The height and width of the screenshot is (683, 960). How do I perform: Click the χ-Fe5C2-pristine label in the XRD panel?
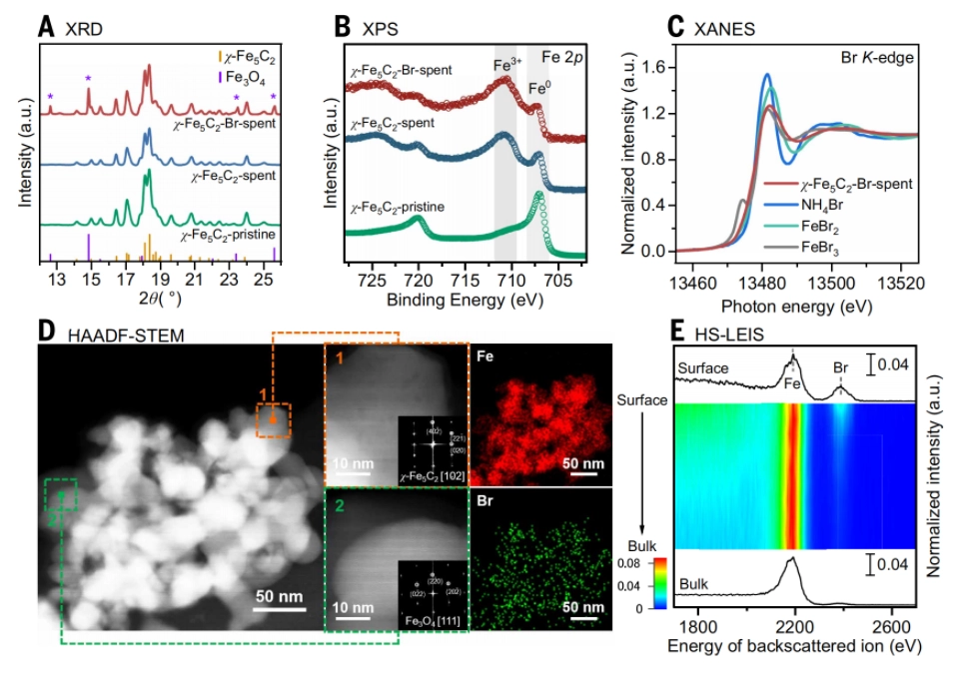click(x=232, y=236)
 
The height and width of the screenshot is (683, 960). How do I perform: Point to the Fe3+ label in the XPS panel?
click(x=505, y=68)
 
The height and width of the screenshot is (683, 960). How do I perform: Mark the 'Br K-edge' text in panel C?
click(x=872, y=60)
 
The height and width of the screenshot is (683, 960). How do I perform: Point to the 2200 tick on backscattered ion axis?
click(x=795, y=627)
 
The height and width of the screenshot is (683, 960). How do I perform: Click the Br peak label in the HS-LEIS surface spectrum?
click(x=840, y=366)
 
